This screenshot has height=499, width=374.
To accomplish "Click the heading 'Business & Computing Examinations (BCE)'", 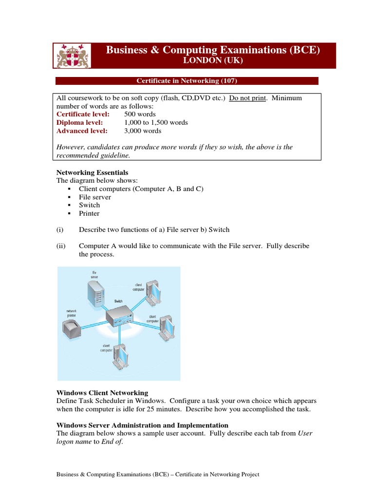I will (213, 50).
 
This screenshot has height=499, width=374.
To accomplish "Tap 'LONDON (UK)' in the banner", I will (212, 61).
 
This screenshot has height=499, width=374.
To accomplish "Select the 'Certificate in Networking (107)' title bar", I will (187, 81).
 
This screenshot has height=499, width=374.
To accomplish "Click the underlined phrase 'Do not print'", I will (247, 98).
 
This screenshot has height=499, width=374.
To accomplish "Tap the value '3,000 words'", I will (143, 131).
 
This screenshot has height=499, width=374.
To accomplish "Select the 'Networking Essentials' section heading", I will (93, 173).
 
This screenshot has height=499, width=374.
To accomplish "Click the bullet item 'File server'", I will (95, 197).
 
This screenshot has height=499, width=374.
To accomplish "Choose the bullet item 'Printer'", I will (89, 213).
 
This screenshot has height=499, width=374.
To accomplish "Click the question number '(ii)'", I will (61, 246).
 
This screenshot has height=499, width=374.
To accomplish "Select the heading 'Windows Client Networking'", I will (102, 393).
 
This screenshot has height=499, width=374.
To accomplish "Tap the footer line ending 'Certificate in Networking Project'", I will (158, 475).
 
